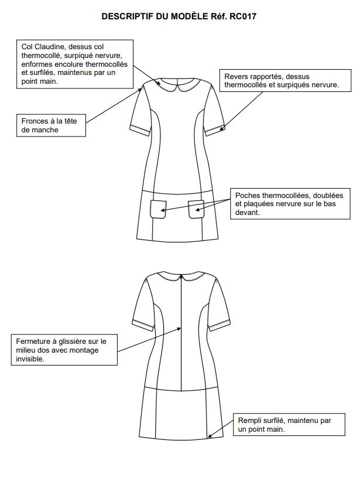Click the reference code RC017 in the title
pos(243,16)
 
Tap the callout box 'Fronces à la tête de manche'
pos(51,125)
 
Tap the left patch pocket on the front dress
pos(158,210)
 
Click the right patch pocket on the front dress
pos(196,210)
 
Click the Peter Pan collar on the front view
pos(177,85)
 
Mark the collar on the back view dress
pos(181,277)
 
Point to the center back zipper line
pos(181,332)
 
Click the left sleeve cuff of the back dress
pos(143,325)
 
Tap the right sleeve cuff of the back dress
pos(219,325)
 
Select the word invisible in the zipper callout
pos(30,359)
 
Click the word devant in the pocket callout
pos(248,213)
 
